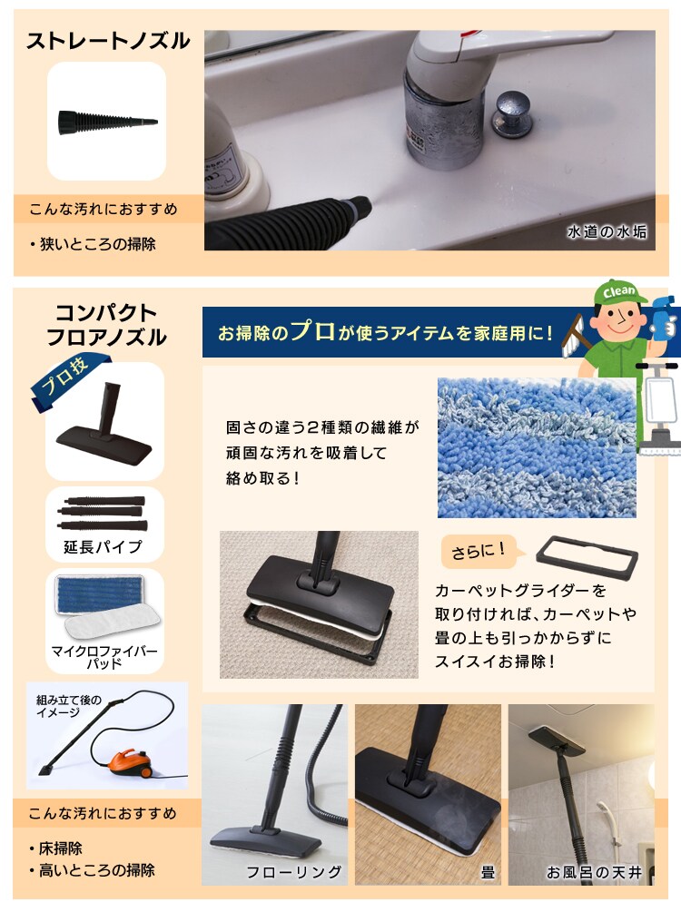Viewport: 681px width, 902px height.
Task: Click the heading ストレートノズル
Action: (108, 41)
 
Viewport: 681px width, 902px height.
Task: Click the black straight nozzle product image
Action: (107, 122)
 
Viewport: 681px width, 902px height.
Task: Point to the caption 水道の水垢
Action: (607, 231)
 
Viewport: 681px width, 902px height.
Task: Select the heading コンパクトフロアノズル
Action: (106, 325)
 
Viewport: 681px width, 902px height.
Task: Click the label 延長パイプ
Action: (103, 546)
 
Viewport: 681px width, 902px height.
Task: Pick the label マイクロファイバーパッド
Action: (104, 657)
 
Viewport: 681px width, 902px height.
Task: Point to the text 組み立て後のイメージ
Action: (69, 706)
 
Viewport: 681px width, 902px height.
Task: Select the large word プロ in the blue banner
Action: (312, 331)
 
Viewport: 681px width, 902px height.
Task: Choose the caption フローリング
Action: (294, 872)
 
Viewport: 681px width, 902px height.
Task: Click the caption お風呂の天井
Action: (594, 872)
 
